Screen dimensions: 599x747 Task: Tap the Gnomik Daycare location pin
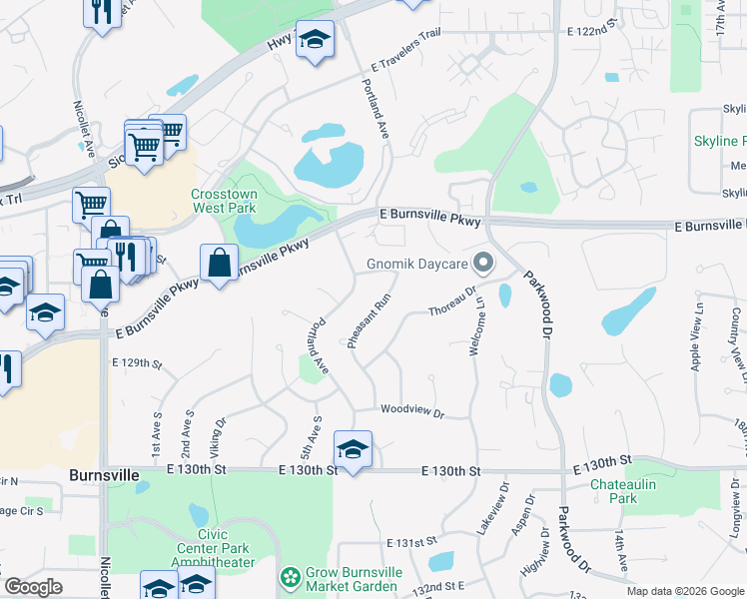484,265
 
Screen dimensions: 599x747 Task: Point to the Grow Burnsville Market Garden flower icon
291,577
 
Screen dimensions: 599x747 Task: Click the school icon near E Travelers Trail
316,39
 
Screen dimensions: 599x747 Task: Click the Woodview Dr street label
410,410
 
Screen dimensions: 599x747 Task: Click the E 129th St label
136,362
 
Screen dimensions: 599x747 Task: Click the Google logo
34,587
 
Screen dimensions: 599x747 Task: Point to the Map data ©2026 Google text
685,591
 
